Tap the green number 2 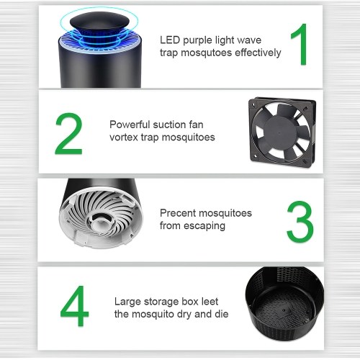coord(68,134)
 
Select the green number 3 coord(300,222)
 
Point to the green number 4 coord(74,306)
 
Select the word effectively coord(258,53)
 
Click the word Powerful coord(130,125)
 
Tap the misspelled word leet coord(210,302)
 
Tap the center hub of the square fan coord(280,132)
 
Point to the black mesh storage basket coord(284,303)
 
